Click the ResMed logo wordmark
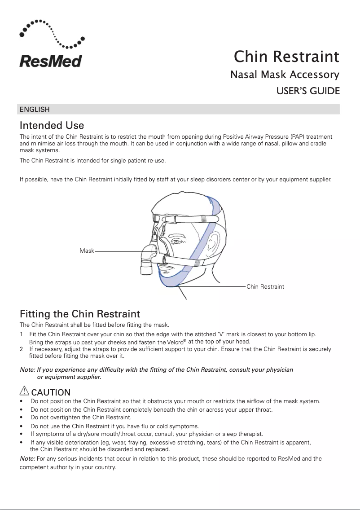(x=50, y=61)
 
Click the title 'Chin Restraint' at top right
(x=286, y=57)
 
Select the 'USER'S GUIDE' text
(x=307, y=91)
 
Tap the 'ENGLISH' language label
(x=35, y=110)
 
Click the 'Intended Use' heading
(x=52, y=125)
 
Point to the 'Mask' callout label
(x=87, y=251)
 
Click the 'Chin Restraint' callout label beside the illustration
(x=265, y=286)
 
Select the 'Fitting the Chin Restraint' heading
(x=80, y=313)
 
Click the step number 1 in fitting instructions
(x=22, y=334)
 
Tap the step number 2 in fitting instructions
(x=22, y=349)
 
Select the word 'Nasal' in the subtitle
(x=243, y=75)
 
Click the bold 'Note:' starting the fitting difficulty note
(x=28, y=370)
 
